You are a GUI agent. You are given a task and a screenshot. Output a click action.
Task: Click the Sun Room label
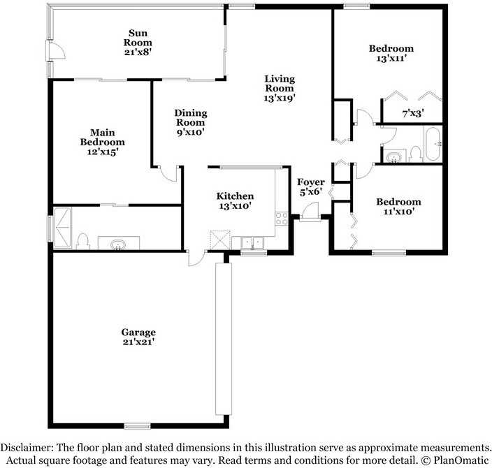pyautogui.click(x=138, y=38)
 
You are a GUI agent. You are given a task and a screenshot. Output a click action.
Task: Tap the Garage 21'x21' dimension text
pyautogui.click(x=139, y=342)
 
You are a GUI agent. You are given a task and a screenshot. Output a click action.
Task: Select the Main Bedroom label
pyautogui.click(x=103, y=137)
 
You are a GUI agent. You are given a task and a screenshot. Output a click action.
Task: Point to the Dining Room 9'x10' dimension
pyautogui.click(x=191, y=132)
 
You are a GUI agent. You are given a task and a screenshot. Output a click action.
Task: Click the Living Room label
pyautogui.click(x=280, y=83)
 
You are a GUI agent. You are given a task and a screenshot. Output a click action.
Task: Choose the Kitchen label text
pyautogui.click(x=235, y=196)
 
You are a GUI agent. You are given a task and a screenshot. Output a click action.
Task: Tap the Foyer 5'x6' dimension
pyautogui.click(x=310, y=192)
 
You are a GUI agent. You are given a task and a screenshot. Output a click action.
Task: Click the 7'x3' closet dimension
pyautogui.click(x=413, y=113)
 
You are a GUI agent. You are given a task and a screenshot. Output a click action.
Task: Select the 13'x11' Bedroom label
pyautogui.click(x=391, y=48)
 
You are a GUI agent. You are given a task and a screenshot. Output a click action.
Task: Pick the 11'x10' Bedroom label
pyautogui.click(x=399, y=202)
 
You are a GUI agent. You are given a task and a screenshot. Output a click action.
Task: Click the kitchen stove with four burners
pyautogui.click(x=282, y=219)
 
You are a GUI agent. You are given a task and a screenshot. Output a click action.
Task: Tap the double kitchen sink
pyautogui.click(x=252, y=243)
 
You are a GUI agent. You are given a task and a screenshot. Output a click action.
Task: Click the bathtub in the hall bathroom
pyautogui.click(x=433, y=143)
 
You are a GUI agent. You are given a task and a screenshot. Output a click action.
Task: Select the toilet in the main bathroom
pyautogui.click(x=83, y=241)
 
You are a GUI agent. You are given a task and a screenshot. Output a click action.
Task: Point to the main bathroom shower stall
pyautogui.click(x=62, y=228)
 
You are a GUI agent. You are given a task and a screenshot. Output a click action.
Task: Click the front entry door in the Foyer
pyautogui.click(x=309, y=212)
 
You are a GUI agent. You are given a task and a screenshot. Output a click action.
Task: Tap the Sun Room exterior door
pyautogui.click(x=55, y=50)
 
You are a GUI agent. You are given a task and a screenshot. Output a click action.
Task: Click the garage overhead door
pyautogui.click(x=224, y=339)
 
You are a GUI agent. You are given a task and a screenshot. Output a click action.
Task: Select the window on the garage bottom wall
pyautogui.click(x=138, y=426)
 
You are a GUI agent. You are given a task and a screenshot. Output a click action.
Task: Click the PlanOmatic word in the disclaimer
pyautogui.click(x=461, y=460)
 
